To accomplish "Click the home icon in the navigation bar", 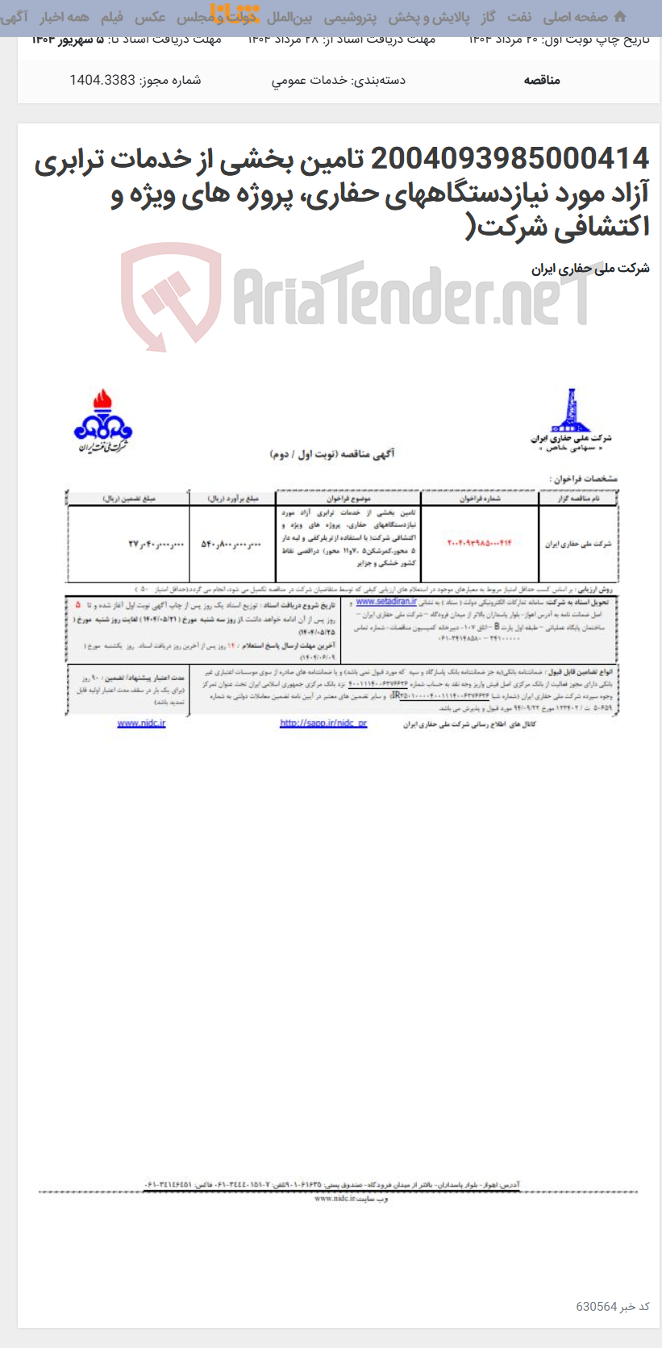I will point(620,16).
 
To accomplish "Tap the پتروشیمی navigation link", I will point(350,17).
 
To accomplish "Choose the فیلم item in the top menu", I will point(112,17).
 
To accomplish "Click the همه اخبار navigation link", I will point(65,17).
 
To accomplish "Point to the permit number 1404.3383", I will point(102,80).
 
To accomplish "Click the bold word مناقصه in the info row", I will point(542,80).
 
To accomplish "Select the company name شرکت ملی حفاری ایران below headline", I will point(590,269).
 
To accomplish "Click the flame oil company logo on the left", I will point(102,421).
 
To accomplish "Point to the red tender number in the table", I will point(479,543).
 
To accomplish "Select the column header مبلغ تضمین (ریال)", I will point(128,499).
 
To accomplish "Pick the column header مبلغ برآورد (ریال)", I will point(233,499).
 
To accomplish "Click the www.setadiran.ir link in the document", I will point(386,602).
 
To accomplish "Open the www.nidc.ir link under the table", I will point(141,724).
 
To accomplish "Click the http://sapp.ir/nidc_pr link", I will point(323,724).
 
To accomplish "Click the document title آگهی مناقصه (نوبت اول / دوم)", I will point(332,454).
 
